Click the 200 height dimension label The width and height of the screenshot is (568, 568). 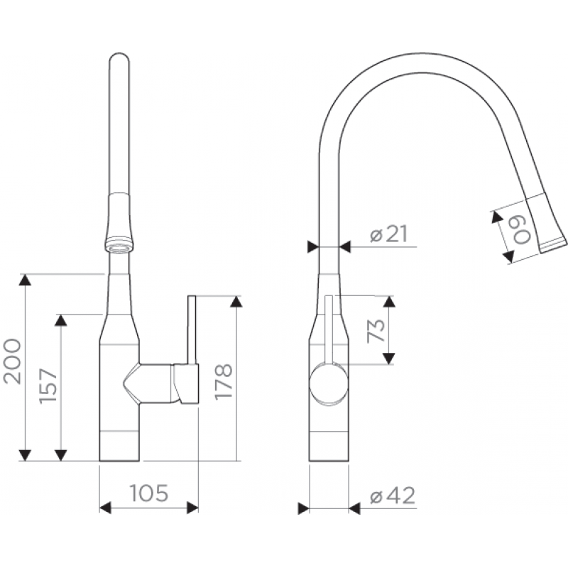pyautogui.click(x=12, y=361)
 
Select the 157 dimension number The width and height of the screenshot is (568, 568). pyautogui.click(x=48, y=386)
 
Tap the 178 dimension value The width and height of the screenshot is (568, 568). pyautogui.click(x=223, y=382)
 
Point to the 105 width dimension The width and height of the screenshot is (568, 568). pyautogui.click(x=149, y=493)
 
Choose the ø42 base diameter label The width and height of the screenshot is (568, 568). pyautogui.click(x=393, y=495)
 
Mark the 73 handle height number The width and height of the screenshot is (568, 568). pyautogui.click(x=376, y=330)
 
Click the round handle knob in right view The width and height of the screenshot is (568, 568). pyautogui.click(x=329, y=384)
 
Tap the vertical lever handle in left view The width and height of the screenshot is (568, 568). pyautogui.click(x=192, y=329)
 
